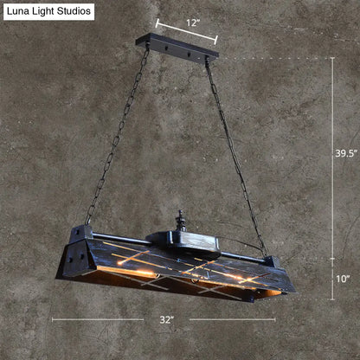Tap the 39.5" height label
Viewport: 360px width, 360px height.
tap(344, 152)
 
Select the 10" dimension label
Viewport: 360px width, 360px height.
tap(343, 279)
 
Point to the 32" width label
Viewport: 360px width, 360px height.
tap(167, 319)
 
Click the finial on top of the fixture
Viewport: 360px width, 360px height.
tap(180, 219)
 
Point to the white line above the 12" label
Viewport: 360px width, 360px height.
tap(186, 32)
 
